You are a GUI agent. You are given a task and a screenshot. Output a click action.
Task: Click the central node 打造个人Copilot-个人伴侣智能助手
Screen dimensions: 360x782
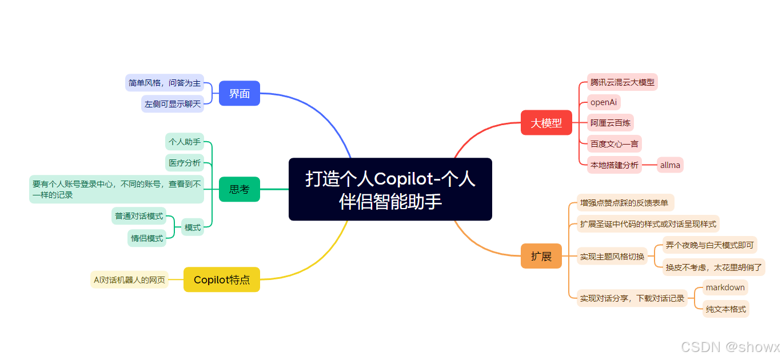coord(390,189)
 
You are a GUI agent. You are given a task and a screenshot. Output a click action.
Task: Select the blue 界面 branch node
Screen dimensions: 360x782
coord(240,93)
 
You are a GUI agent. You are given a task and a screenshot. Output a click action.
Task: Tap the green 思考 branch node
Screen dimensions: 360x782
coord(240,189)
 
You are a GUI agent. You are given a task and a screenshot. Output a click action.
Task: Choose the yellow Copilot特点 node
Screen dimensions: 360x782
coord(222,279)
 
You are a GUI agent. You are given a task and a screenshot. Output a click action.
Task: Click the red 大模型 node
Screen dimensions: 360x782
coord(546,122)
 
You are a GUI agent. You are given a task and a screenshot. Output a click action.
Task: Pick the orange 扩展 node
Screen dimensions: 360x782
coord(541,256)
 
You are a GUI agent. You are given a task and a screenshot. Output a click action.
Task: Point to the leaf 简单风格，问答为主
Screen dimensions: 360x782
coord(165,83)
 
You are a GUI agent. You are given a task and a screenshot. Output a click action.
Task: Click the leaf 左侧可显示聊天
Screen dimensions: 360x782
coord(173,103)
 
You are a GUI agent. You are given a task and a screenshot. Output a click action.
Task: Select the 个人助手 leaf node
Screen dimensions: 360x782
coord(185,141)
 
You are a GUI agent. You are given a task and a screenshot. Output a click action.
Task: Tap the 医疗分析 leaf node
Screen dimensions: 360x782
coord(185,163)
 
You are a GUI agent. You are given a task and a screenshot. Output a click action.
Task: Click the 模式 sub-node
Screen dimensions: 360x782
coord(193,227)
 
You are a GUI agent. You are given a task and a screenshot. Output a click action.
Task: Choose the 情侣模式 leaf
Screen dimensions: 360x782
coord(147,238)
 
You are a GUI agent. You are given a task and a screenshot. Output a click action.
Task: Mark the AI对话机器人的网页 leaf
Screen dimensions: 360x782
coord(130,279)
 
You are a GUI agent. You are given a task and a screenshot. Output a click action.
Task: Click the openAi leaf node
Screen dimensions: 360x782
coord(604,102)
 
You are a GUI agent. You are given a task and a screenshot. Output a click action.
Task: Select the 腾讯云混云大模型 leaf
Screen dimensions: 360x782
coord(623,82)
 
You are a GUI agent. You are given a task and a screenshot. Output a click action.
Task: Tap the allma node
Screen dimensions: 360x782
coord(670,165)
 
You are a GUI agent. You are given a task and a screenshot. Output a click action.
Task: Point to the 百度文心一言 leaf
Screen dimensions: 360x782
coord(615,143)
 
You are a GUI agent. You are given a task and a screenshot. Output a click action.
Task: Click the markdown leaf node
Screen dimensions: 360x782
coord(725,287)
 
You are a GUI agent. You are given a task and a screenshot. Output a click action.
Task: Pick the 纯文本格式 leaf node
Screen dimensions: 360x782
coord(725,309)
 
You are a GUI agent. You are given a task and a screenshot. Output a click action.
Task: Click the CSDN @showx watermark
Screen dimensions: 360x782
coord(730,347)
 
